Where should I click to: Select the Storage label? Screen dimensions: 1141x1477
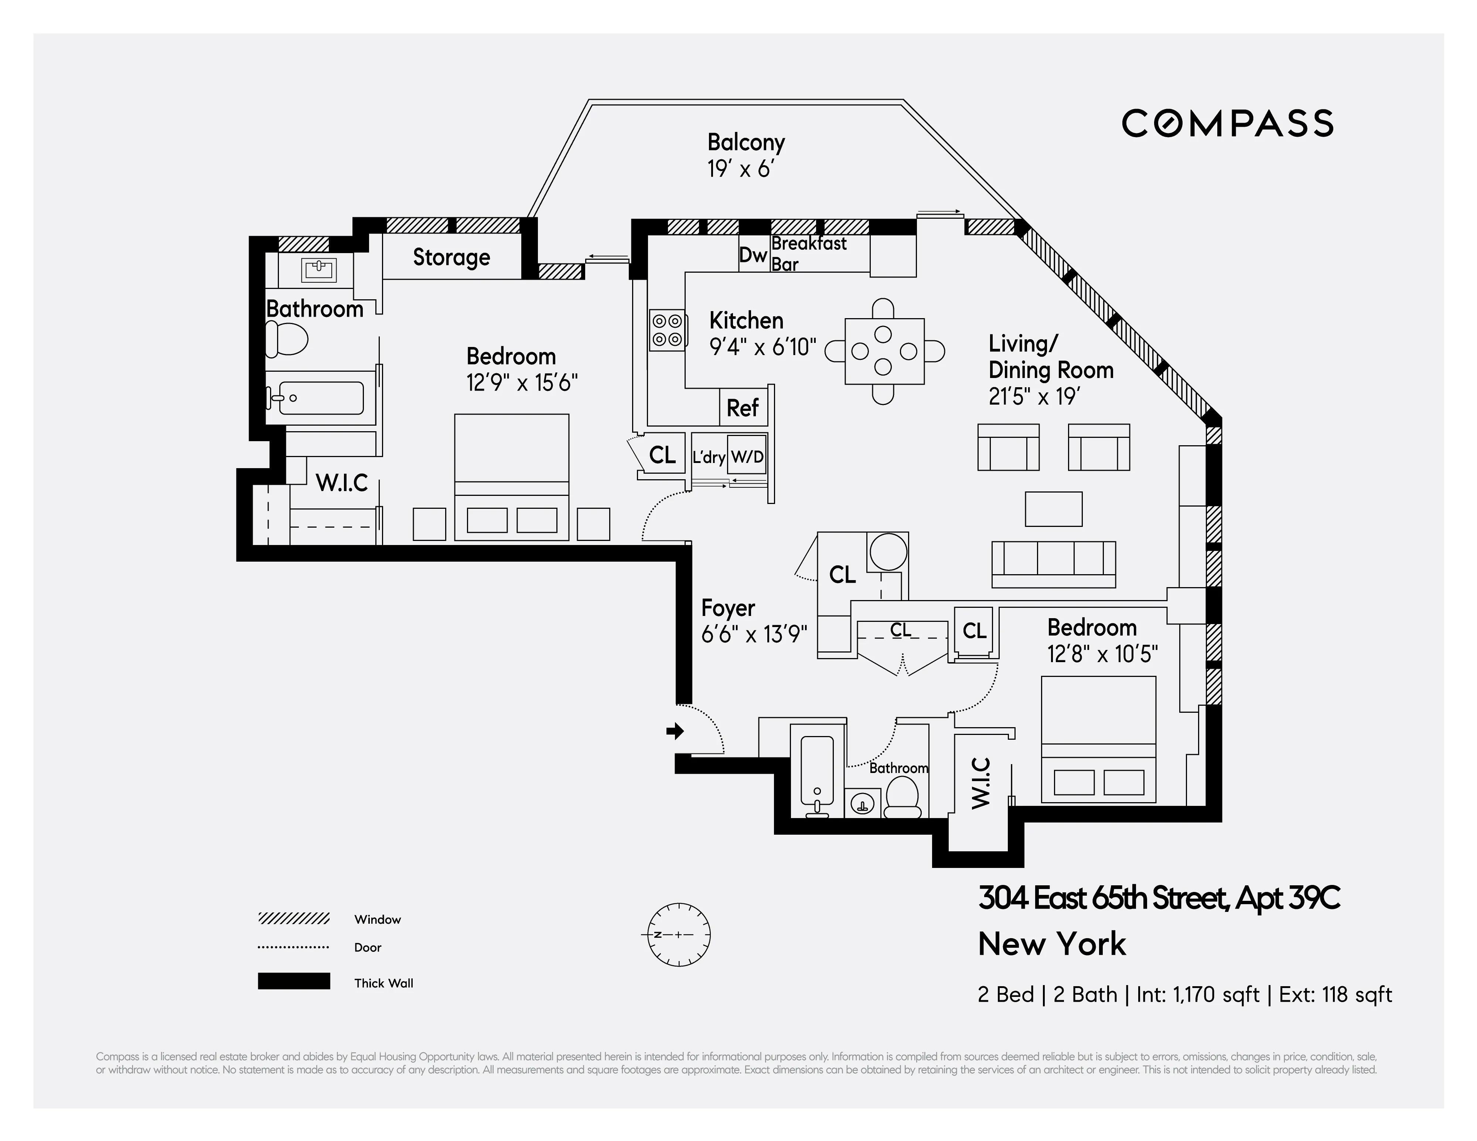(x=451, y=257)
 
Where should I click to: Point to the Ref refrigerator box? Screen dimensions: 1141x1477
(x=743, y=408)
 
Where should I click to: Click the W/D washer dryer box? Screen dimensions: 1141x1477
(x=747, y=457)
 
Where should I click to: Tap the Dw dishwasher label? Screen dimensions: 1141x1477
(x=753, y=255)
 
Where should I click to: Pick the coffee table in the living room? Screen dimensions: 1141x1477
(x=1053, y=509)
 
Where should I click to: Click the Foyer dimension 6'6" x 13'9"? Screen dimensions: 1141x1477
(x=754, y=634)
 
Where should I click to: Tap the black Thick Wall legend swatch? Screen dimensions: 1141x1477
(x=293, y=981)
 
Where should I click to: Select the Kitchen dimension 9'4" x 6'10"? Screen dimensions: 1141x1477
(x=762, y=347)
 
